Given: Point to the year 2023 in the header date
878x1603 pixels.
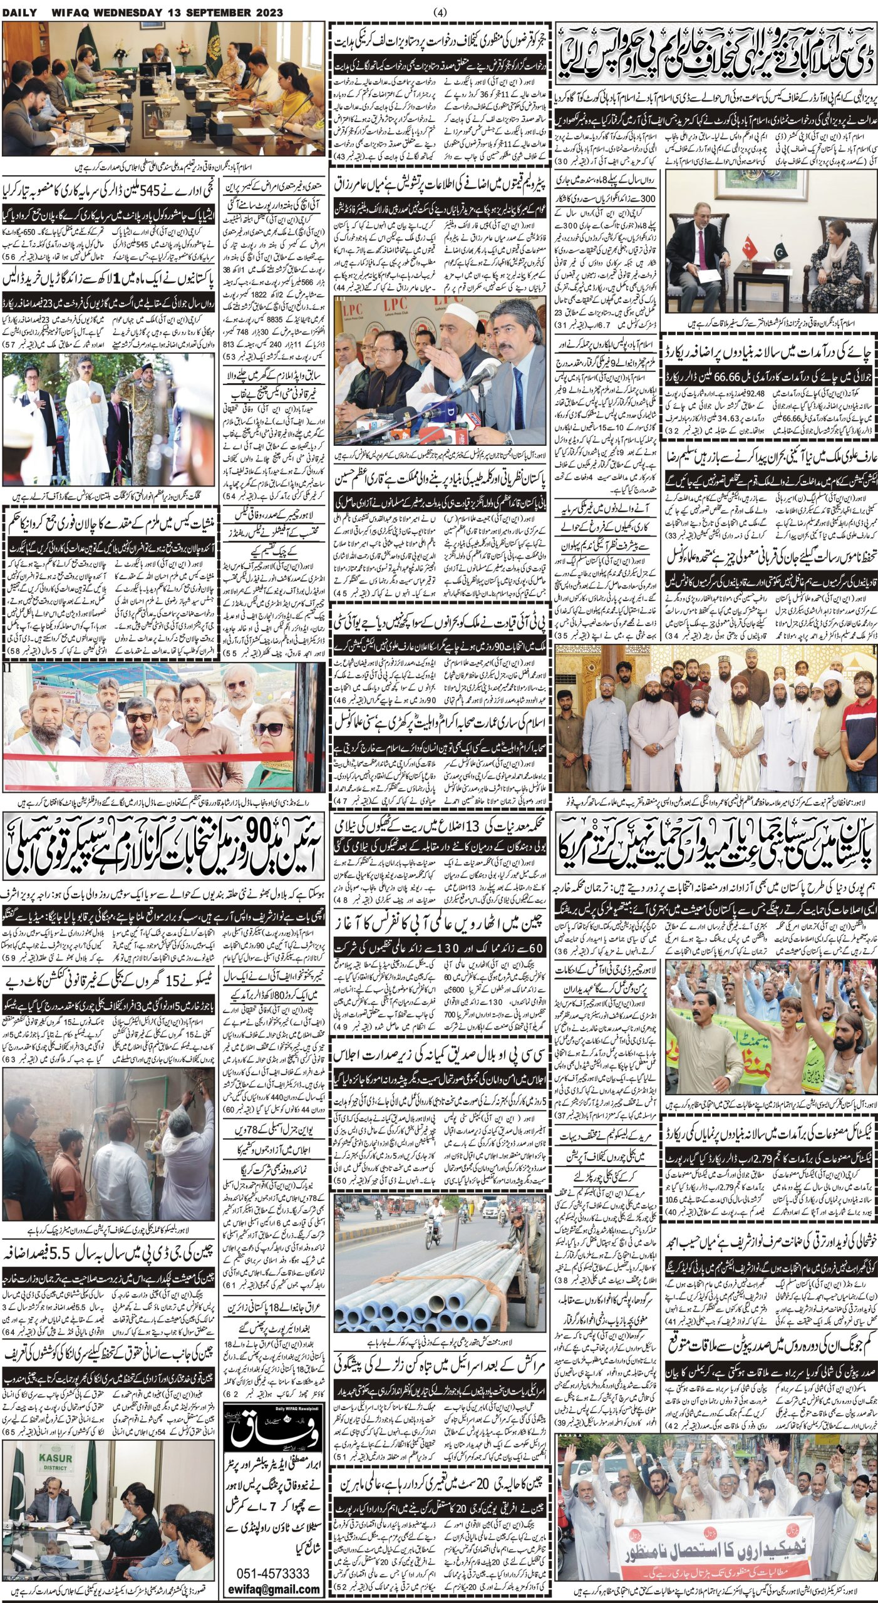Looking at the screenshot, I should pyautogui.click(x=267, y=11).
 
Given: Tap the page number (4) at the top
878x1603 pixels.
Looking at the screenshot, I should pyautogui.click(x=439, y=11).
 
